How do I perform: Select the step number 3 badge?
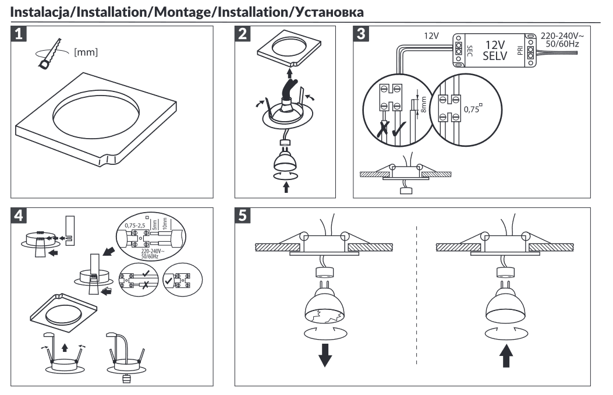[362, 34]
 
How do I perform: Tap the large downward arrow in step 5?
[325, 357]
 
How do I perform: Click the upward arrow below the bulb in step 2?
[285, 187]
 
